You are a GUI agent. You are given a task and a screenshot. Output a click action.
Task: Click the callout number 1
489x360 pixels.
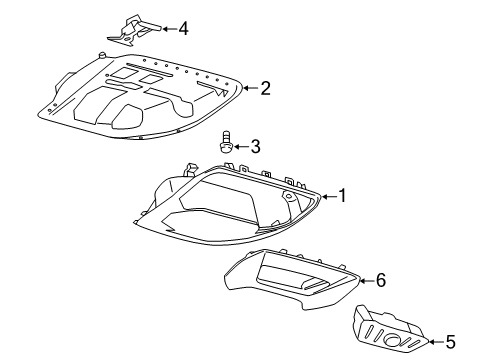pos(342,197)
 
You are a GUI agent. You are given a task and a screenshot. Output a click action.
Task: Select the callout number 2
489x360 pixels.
pos(266,89)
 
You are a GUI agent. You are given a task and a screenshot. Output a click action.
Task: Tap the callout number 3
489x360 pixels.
pos(256,147)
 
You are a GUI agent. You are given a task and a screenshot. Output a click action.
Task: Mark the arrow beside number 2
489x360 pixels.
pos(250,89)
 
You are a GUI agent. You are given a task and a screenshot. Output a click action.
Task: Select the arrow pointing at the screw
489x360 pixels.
pos(241,147)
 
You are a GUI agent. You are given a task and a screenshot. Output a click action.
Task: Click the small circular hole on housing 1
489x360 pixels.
pos(289,198)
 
